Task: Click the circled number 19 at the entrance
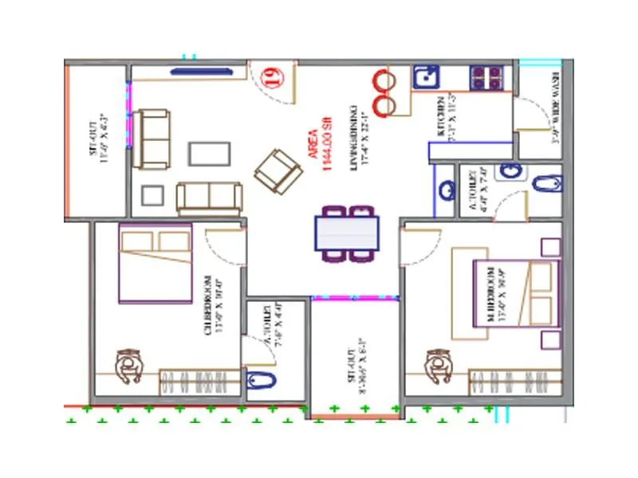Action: tap(273, 77)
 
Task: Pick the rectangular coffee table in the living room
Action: tap(210, 153)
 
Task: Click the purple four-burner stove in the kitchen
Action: tap(486, 77)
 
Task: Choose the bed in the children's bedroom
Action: tap(156, 263)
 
